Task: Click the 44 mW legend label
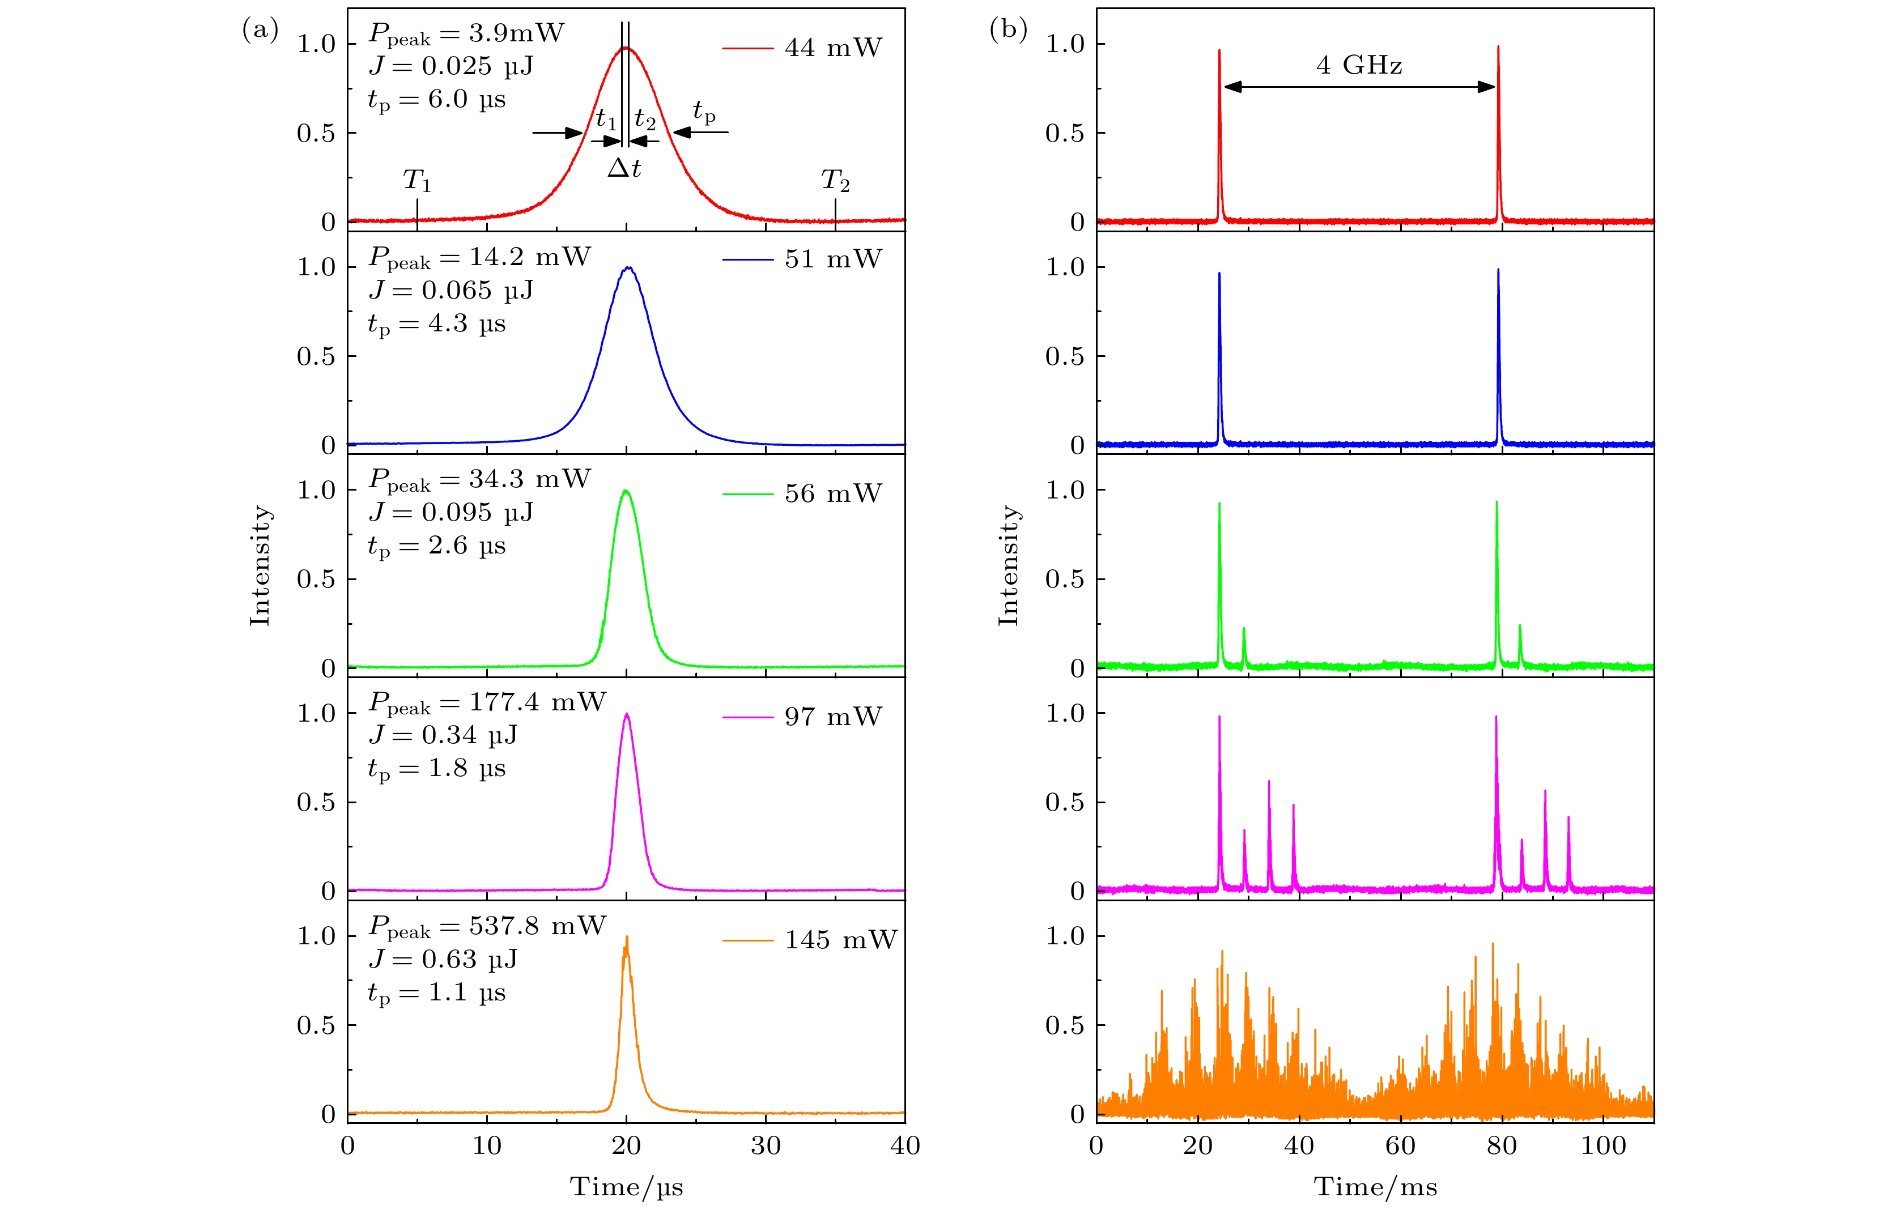point(833,48)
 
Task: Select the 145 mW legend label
point(840,940)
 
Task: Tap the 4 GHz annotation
point(1359,65)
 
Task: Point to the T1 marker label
point(416,181)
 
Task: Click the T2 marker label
point(835,181)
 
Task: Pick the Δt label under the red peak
point(624,168)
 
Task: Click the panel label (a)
point(261,30)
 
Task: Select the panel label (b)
point(1009,30)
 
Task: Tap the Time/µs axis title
point(626,1186)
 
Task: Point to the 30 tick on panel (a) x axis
point(766,1145)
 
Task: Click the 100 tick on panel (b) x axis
point(1603,1145)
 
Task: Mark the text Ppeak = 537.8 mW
point(487,927)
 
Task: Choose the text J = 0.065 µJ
point(450,291)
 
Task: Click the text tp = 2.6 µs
point(436,546)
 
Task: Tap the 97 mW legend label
point(833,717)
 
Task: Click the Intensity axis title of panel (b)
point(1009,565)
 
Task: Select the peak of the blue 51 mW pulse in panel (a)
point(627,268)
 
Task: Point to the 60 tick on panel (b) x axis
point(1400,1145)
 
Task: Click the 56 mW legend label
point(833,493)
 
